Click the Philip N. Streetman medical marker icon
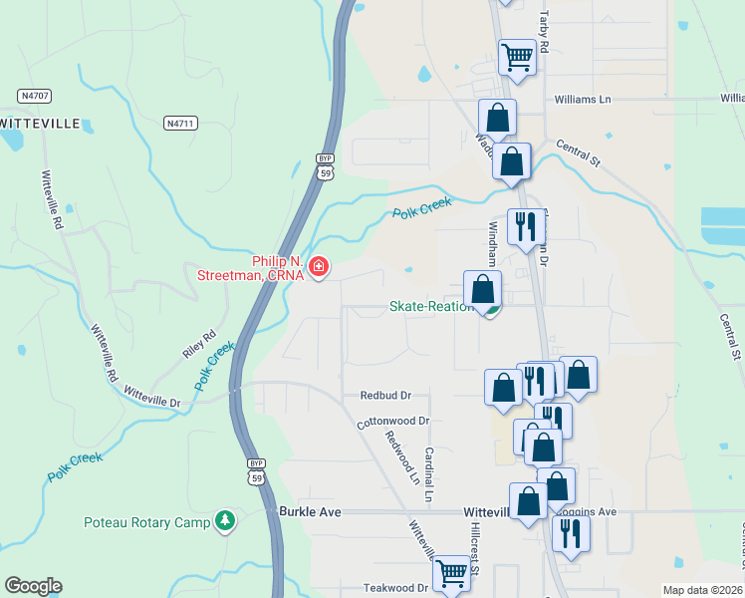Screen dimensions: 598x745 pos(319,266)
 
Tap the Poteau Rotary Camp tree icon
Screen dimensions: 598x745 pos(226,521)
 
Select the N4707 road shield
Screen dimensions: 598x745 pos(35,96)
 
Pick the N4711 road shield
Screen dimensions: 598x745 pos(181,123)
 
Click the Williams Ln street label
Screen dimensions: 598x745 pos(583,100)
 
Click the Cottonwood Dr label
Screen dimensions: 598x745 pos(392,423)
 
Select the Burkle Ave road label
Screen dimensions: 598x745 pos(310,511)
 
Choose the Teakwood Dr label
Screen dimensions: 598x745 pos(395,588)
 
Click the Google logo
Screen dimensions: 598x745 pos(33,586)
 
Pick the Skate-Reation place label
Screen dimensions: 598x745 pos(430,306)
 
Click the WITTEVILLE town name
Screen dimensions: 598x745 pos(38,123)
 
